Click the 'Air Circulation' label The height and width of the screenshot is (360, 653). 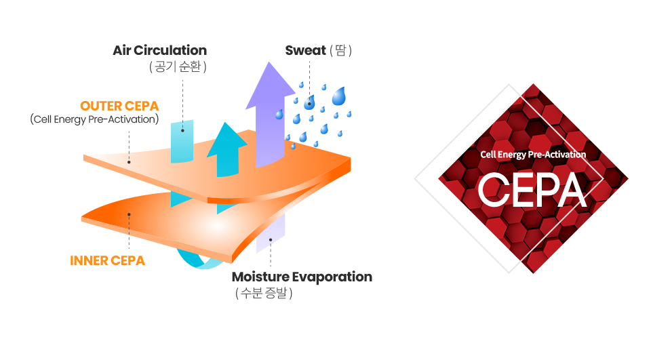(x=159, y=50)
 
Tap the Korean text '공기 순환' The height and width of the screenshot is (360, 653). (x=177, y=67)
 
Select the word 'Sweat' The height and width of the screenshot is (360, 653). (x=305, y=50)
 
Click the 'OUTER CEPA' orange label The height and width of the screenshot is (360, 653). (x=119, y=106)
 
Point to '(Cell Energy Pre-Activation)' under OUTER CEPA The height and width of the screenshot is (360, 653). (x=95, y=120)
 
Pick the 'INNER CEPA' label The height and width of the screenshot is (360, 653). (x=107, y=260)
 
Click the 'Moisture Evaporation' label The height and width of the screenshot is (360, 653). (x=302, y=277)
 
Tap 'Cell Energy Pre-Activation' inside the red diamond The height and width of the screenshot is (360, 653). (x=533, y=155)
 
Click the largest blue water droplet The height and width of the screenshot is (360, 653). (x=338, y=96)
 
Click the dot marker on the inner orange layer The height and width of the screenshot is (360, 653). (x=129, y=214)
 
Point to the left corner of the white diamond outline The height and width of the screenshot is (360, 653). (x=415, y=178)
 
